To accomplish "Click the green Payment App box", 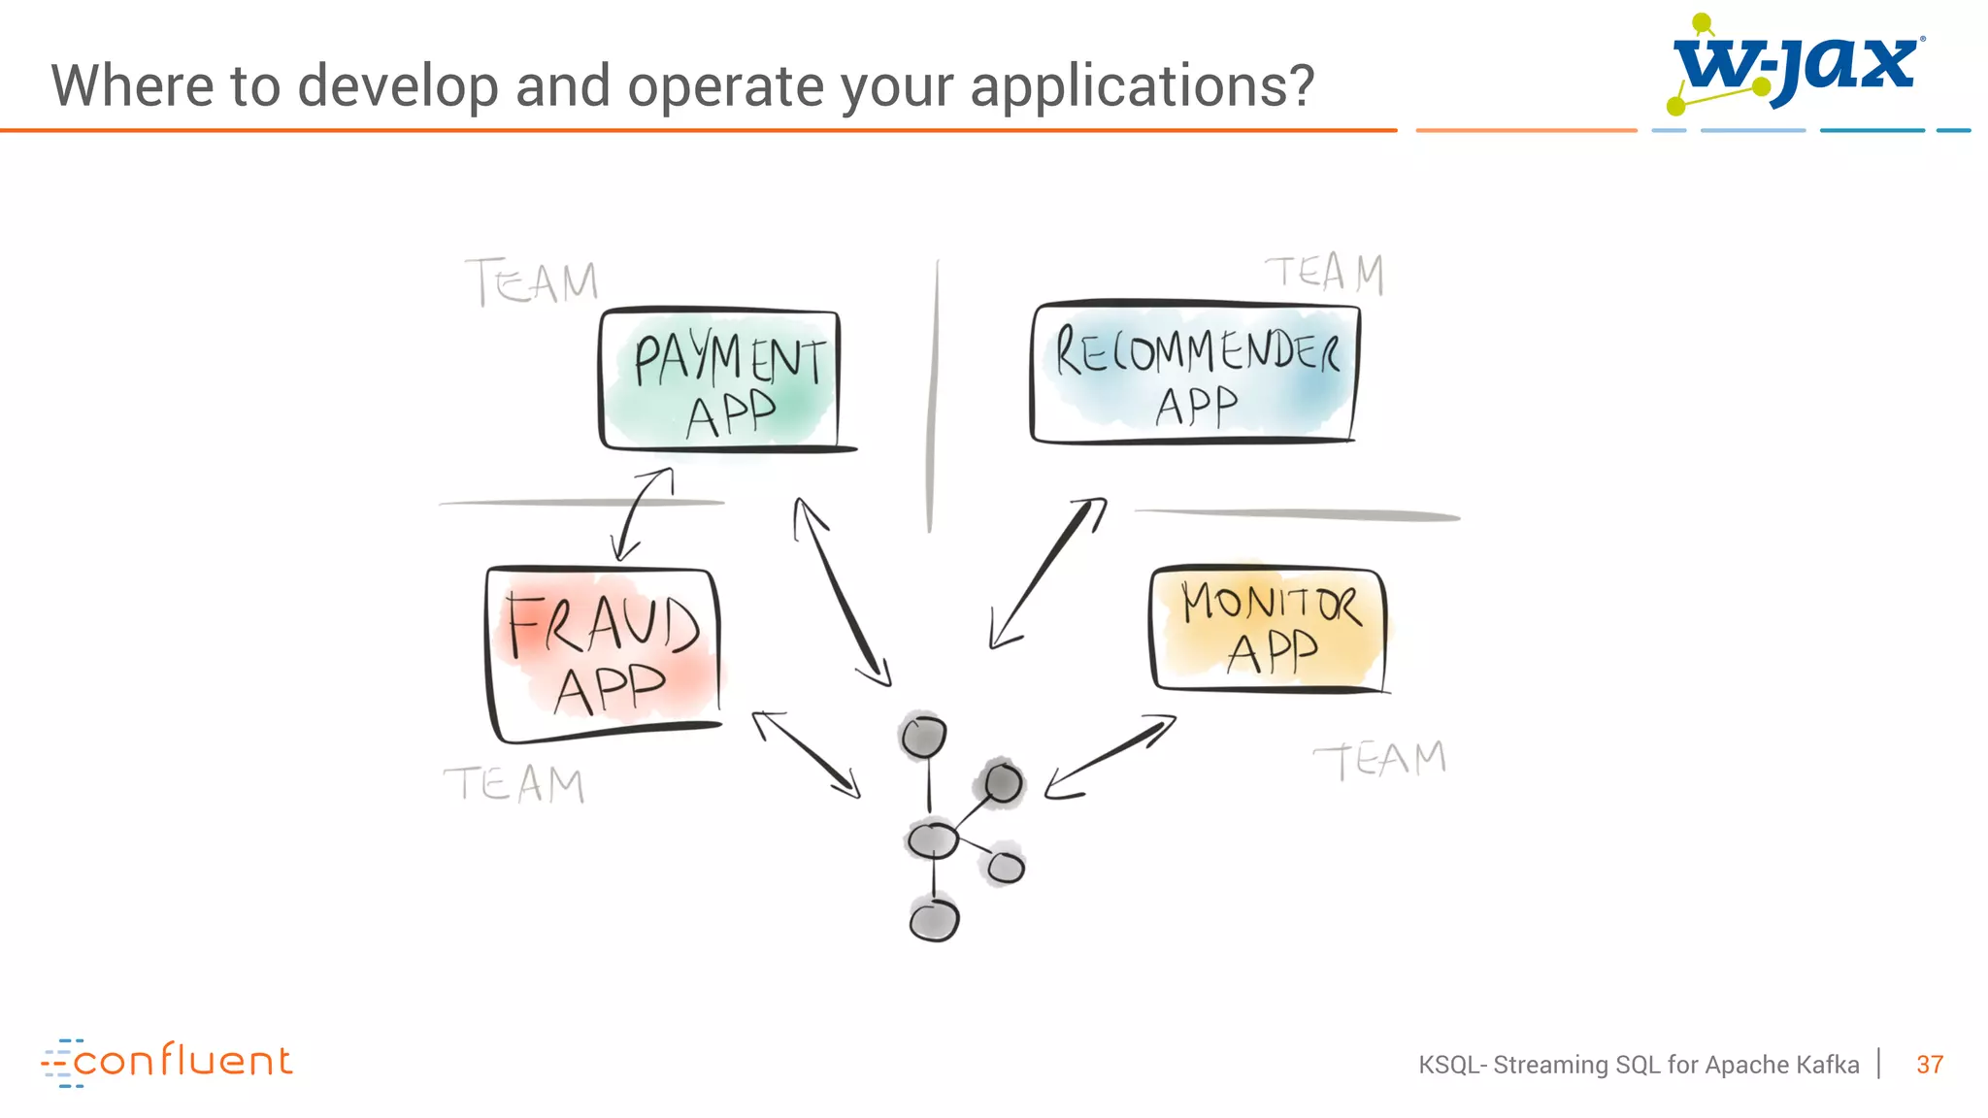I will pos(720,379).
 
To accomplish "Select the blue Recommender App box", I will pos(1194,374).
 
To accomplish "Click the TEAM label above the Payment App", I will pos(533,282).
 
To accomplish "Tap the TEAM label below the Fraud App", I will pos(514,783).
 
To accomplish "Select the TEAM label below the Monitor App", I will pos(1379,760).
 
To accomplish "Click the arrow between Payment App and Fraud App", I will pos(642,513).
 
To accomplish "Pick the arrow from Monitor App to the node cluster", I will pos(1110,757).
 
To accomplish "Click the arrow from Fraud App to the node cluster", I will pos(806,754).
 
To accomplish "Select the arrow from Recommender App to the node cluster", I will pos(1048,572).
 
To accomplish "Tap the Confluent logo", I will pos(167,1062).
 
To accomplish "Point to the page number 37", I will pos(1930,1065).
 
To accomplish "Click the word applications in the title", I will pos(1142,86).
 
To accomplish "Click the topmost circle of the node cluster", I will pos(922,737).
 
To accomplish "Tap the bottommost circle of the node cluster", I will pos(934,919).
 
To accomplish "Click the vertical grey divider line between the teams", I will pos(933,398).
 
